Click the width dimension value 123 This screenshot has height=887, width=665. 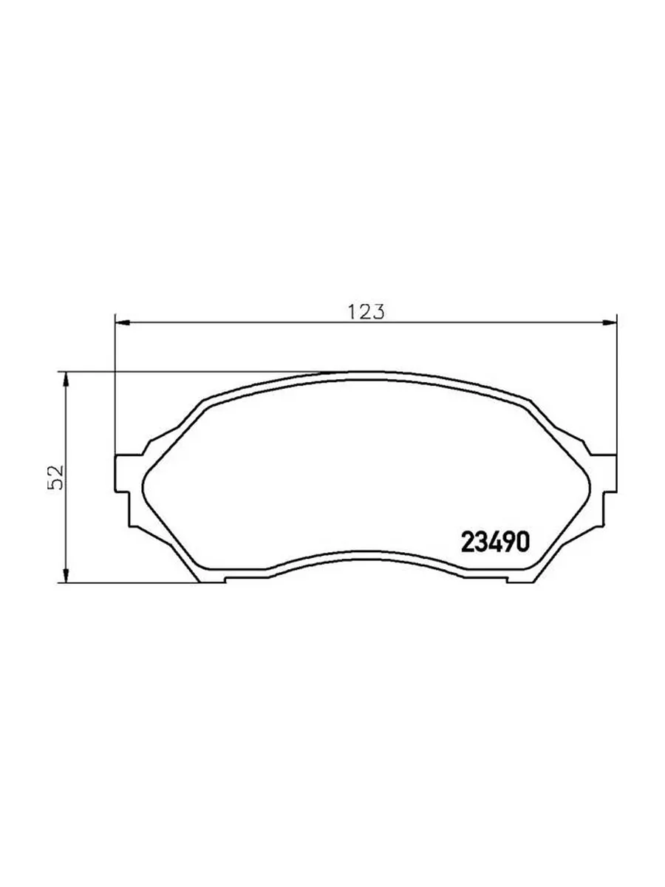pos(366,311)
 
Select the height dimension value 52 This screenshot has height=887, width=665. pos(55,478)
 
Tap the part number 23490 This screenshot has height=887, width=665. pos(495,542)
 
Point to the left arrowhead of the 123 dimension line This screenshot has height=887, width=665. pos(123,322)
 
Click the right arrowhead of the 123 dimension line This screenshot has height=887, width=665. pos(610,322)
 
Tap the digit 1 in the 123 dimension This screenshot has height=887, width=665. pos(352,312)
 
